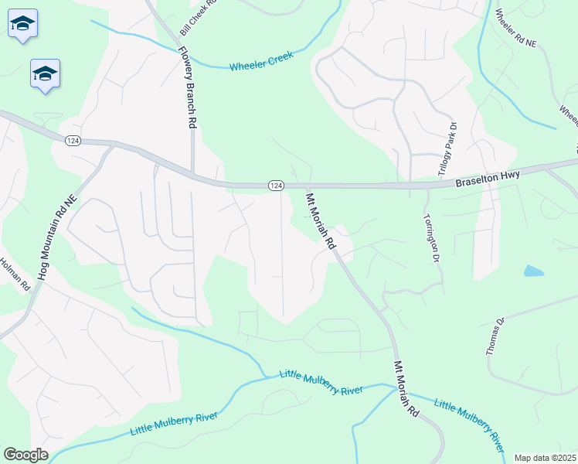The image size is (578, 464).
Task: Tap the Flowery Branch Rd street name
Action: [x=187, y=84]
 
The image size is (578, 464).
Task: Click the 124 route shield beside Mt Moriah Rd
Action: [x=277, y=186]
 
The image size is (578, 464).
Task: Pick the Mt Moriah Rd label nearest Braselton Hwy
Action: [x=321, y=220]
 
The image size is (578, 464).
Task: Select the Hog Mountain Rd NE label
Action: [x=57, y=237]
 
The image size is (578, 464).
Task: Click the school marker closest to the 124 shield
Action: [x=45, y=74]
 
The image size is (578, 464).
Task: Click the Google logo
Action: [x=25, y=455]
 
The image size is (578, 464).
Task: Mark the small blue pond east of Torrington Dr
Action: [x=533, y=271]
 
